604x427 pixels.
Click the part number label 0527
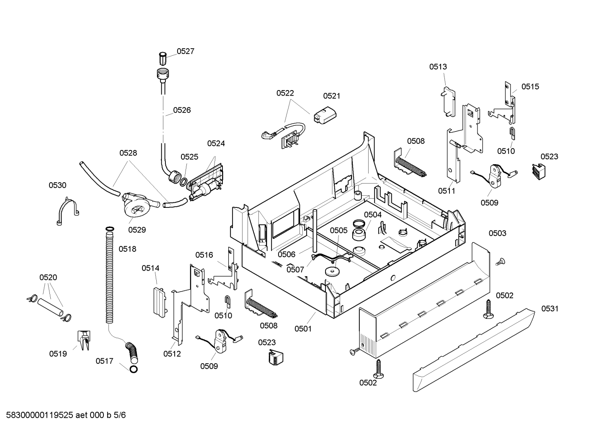(186, 51)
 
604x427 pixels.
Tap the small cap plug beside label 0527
(163, 59)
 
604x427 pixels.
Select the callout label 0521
(332, 96)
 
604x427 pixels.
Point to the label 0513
(438, 67)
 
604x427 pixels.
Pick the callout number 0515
(530, 87)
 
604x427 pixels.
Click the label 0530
(57, 185)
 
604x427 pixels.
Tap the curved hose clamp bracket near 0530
(67, 211)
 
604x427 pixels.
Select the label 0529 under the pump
(137, 230)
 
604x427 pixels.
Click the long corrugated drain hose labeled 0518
(109, 275)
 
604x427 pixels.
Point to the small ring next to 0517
(134, 369)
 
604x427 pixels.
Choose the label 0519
(58, 354)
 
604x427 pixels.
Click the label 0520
(48, 277)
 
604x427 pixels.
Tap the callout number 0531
(550, 308)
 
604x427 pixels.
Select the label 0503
(498, 233)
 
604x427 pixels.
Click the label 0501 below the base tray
(303, 329)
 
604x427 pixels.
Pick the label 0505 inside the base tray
(339, 230)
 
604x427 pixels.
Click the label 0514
(150, 268)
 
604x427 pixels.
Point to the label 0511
(447, 191)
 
